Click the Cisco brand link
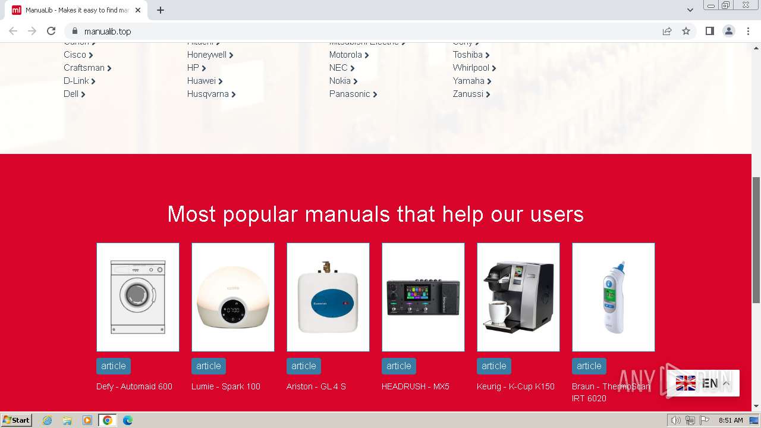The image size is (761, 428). pyautogui.click(x=75, y=55)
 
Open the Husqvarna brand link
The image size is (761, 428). pyautogui.click(x=208, y=94)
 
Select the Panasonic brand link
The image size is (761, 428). pyautogui.click(x=350, y=94)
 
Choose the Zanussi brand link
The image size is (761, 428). pyautogui.click(x=468, y=94)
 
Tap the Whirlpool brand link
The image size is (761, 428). pyautogui.click(x=471, y=68)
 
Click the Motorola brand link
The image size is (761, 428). pyautogui.click(x=345, y=55)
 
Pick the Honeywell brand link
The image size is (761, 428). pyautogui.click(x=207, y=55)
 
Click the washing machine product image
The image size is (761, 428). pyautogui.click(x=138, y=297)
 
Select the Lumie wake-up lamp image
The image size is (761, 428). pyautogui.click(x=233, y=297)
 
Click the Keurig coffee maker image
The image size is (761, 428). pyautogui.click(x=518, y=297)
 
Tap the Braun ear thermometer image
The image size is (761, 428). pyautogui.click(x=614, y=297)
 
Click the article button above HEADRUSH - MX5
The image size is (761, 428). pyautogui.click(x=399, y=366)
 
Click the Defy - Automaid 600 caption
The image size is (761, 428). pyautogui.click(x=134, y=386)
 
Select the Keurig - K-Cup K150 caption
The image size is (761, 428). pyautogui.click(x=515, y=386)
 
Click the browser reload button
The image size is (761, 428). pyautogui.click(x=51, y=31)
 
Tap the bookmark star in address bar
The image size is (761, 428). pyautogui.click(x=686, y=31)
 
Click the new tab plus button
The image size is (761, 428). pyautogui.click(x=161, y=10)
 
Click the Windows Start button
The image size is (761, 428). pyautogui.click(x=16, y=420)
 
